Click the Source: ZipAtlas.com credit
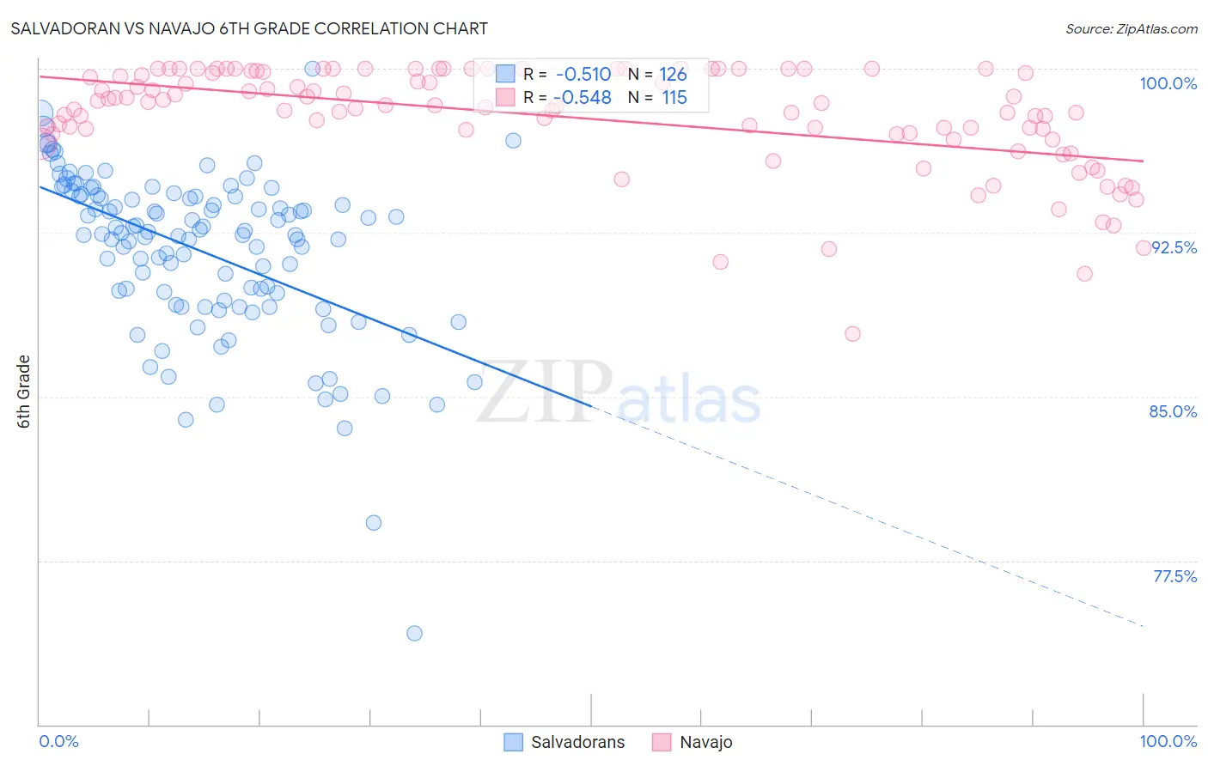1131,29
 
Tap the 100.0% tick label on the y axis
1168,83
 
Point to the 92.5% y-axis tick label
1174,247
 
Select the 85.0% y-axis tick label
1173,411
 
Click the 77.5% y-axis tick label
1174,576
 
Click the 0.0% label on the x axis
58,741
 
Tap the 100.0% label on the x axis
1168,741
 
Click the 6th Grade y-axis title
24,392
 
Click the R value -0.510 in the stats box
583,74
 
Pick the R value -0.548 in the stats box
583,98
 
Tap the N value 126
673,74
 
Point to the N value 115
674,98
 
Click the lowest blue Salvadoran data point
414,633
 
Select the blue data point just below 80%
373,522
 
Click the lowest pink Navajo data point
852,333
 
